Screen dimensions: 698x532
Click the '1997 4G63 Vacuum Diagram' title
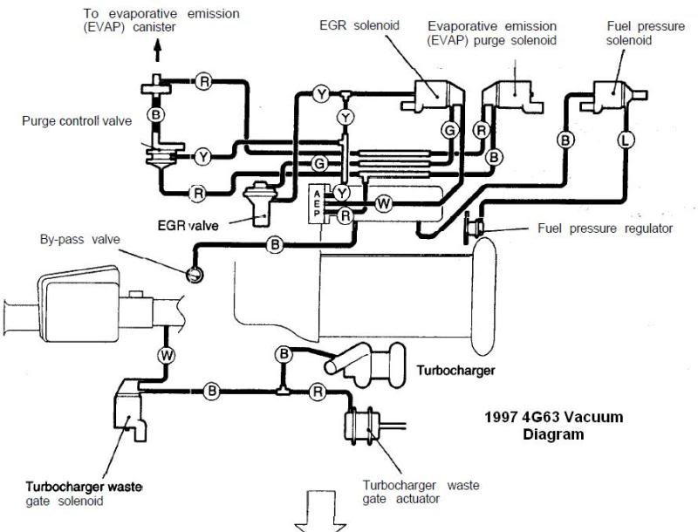click(x=553, y=425)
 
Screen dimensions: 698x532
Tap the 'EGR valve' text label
click(x=188, y=226)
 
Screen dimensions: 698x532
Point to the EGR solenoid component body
click(x=433, y=95)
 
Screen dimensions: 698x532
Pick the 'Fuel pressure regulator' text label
click(x=605, y=228)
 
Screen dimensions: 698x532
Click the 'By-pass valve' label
click(x=80, y=239)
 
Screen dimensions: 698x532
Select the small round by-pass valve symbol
click(x=195, y=276)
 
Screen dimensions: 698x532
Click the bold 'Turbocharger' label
click(x=455, y=370)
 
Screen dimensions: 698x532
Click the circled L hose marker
click(x=626, y=140)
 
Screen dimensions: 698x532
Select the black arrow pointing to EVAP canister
click(x=157, y=51)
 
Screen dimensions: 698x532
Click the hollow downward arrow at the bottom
click(x=319, y=512)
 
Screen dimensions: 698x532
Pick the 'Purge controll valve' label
click(x=77, y=121)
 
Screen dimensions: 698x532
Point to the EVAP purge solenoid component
click(x=513, y=95)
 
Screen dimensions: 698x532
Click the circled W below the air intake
click(x=167, y=355)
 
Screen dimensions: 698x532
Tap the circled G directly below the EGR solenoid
click(x=450, y=131)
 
